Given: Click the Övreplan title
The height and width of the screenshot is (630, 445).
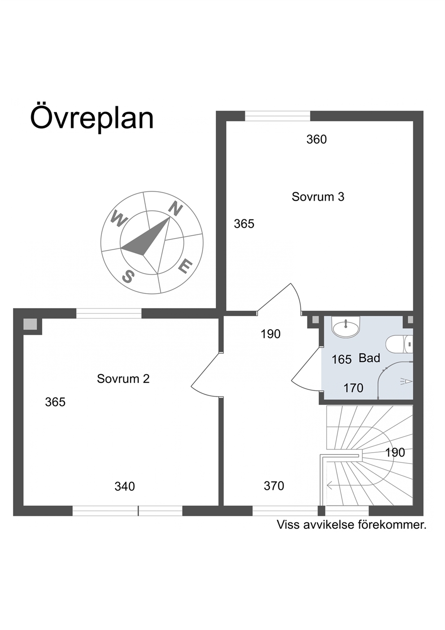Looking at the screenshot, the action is (92, 118).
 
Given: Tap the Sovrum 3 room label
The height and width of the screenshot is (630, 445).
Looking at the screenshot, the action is (318, 197).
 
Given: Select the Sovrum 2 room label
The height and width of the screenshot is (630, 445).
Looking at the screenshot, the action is (123, 379).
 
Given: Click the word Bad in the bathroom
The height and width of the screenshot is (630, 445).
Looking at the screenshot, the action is (369, 358).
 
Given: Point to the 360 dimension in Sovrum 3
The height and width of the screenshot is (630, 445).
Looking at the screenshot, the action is (316, 140).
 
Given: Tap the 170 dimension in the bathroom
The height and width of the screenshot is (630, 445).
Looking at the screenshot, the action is (353, 388).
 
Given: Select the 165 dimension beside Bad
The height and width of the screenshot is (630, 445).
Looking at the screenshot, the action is (342, 359).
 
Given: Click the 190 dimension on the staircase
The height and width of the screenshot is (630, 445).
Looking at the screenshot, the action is (395, 453).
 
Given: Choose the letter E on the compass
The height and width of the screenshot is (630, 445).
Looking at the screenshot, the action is (185, 266).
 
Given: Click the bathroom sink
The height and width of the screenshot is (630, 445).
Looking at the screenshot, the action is (345, 326).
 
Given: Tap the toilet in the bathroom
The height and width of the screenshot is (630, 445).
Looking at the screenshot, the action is (399, 344).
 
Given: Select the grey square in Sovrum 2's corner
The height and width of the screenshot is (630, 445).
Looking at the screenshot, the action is (30, 324).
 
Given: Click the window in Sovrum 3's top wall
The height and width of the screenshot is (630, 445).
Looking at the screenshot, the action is (278, 116).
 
